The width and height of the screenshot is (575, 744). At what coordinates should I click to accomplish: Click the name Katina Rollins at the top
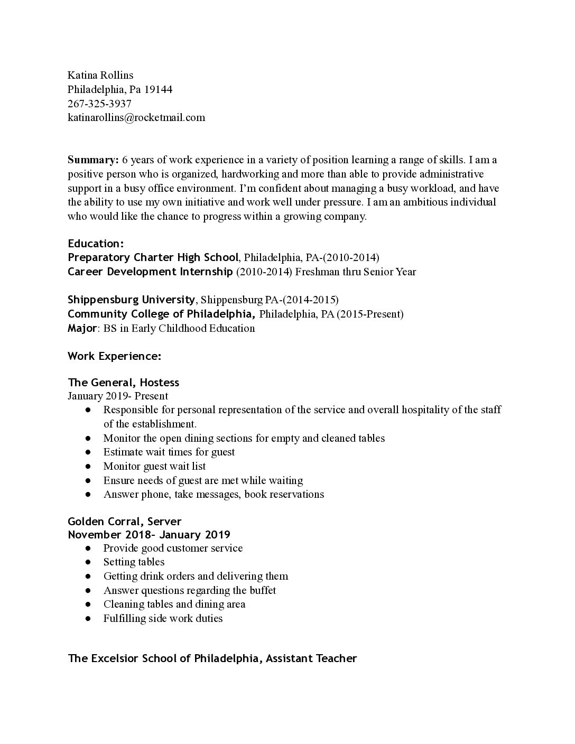100,75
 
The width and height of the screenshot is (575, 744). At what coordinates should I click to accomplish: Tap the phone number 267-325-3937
99,104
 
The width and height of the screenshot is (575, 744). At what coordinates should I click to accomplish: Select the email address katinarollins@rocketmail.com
136,117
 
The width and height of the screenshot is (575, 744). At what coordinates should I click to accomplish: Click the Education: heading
96,244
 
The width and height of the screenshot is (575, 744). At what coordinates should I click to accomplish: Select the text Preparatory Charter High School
153,258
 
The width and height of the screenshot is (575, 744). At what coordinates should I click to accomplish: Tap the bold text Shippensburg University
132,300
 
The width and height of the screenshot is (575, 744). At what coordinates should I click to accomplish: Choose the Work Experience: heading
114,356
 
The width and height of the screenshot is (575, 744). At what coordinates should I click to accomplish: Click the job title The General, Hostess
123,383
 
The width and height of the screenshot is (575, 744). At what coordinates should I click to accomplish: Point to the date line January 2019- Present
118,396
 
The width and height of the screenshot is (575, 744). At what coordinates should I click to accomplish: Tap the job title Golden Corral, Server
124,522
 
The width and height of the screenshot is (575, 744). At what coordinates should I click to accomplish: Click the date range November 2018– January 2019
149,534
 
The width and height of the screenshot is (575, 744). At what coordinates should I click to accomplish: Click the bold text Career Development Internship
150,272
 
